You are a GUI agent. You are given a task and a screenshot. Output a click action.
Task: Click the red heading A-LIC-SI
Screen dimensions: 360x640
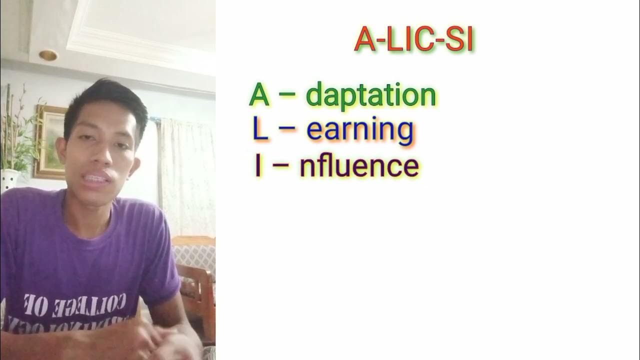click(x=413, y=40)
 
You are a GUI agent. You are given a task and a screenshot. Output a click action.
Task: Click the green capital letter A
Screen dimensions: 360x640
click(x=259, y=95)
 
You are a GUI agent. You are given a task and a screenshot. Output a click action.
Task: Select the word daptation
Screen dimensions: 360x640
click(x=370, y=95)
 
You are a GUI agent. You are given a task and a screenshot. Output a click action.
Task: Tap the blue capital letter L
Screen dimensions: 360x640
click(x=260, y=129)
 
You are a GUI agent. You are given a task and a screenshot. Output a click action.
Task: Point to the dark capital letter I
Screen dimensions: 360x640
click(x=258, y=166)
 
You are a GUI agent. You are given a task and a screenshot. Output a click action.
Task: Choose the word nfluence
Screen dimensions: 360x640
click(x=359, y=166)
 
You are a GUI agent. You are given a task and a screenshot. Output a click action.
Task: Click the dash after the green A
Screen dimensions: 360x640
click(x=287, y=96)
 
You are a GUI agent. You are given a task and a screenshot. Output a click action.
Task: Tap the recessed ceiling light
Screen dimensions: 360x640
click(x=48, y=55)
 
